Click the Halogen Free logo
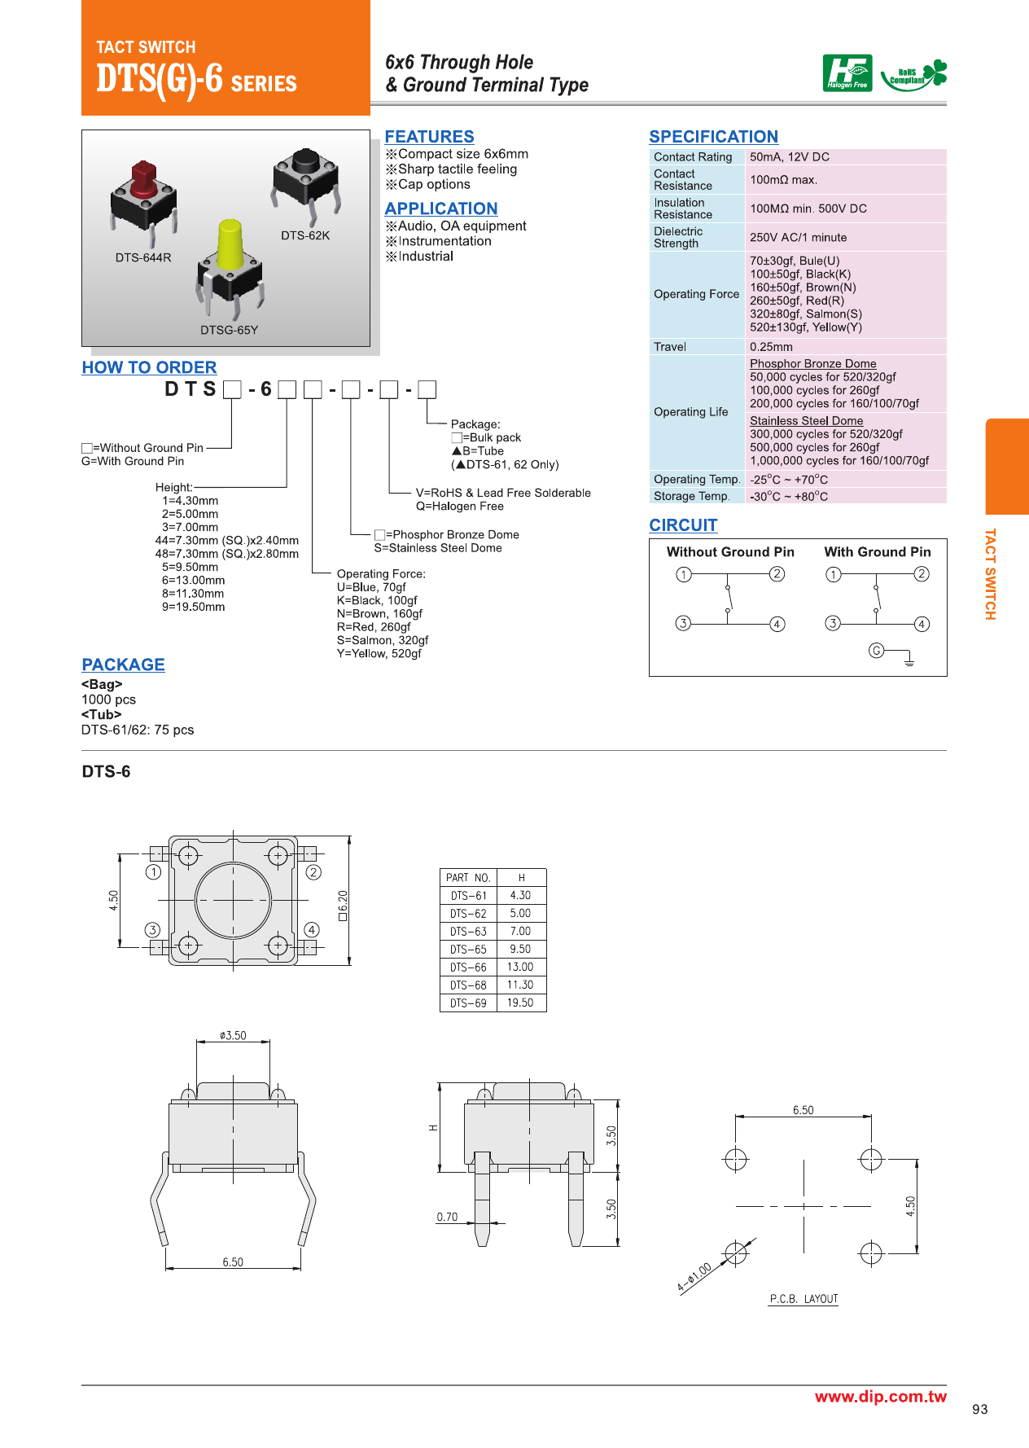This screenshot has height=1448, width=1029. tap(847, 73)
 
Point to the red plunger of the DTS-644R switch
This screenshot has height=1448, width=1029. tap(143, 178)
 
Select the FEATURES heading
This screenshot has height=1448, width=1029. tap(429, 137)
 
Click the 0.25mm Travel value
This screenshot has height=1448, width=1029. tap(771, 347)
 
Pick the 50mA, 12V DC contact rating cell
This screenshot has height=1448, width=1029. tap(789, 157)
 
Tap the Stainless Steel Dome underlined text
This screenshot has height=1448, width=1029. tap(806, 421)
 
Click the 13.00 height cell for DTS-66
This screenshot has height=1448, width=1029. tap(520, 968)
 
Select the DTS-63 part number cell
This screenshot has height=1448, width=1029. tap(468, 932)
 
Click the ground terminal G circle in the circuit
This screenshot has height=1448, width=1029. tap(876, 650)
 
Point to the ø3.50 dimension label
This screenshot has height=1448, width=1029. tap(233, 1036)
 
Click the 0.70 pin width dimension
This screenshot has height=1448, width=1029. tap(447, 1218)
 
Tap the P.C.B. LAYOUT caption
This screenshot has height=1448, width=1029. tap(803, 1299)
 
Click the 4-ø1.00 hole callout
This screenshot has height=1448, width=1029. tap(694, 1277)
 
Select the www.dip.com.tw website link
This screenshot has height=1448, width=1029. tap(880, 1397)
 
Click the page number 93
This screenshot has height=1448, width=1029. tap(979, 1410)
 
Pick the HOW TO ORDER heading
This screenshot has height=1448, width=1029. tap(149, 367)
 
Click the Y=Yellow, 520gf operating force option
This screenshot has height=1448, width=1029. tap(379, 654)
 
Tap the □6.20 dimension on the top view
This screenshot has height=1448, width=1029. tap(343, 906)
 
